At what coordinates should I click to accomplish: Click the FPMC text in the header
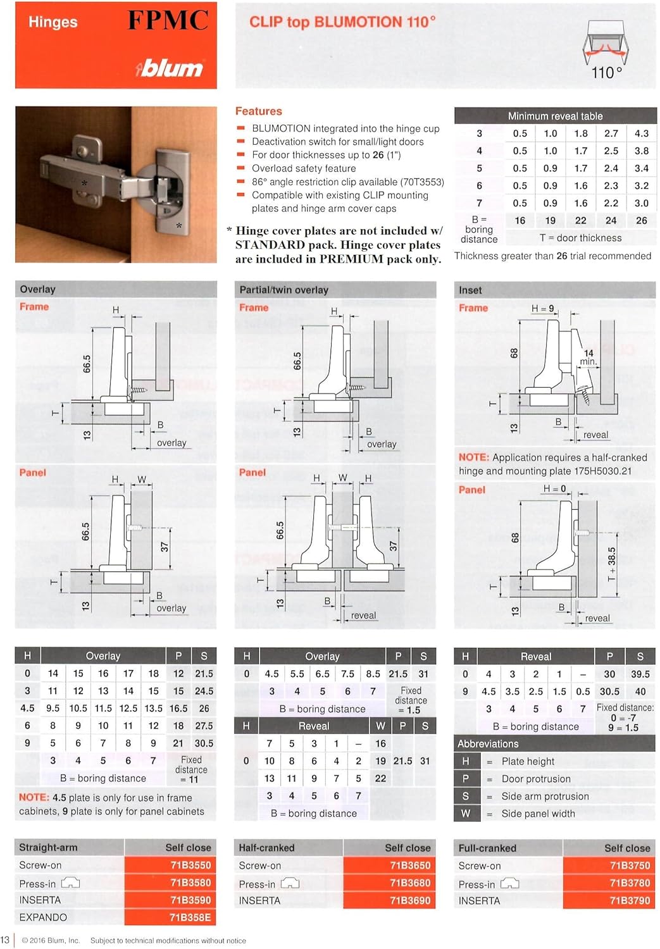(x=168, y=21)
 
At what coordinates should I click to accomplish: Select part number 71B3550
(x=190, y=865)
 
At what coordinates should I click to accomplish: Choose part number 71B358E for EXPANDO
(x=190, y=917)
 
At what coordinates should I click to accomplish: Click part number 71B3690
(x=410, y=900)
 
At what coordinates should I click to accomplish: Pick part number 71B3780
(x=630, y=883)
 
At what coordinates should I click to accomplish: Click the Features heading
(x=258, y=111)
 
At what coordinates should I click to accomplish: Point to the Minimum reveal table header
(x=555, y=116)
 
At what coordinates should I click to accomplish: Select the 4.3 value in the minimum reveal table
(x=641, y=133)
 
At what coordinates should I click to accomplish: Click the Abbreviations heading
(x=488, y=744)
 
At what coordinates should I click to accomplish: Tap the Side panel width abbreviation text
(x=538, y=814)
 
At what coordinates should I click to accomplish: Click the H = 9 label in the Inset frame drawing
(x=542, y=309)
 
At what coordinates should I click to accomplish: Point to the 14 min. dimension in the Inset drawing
(x=588, y=357)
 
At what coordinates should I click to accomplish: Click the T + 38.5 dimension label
(x=611, y=565)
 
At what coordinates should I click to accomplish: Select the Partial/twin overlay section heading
(x=283, y=290)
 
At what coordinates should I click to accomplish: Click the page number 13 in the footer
(x=5, y=940)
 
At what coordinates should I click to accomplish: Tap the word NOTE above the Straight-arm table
(x=34, y=798)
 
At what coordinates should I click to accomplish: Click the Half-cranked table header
(x=266, y=848)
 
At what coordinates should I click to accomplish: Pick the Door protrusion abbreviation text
(x=535, y=779)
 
